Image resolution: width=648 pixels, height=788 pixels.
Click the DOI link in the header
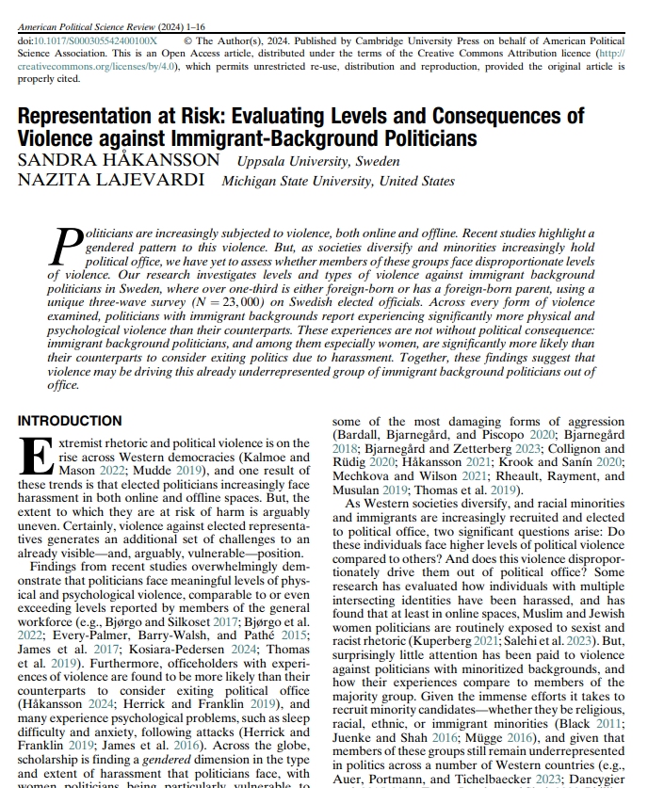(93, 41)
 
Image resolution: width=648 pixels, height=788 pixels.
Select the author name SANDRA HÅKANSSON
(119, 160)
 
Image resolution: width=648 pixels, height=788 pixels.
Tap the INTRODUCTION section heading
(70, 421)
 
